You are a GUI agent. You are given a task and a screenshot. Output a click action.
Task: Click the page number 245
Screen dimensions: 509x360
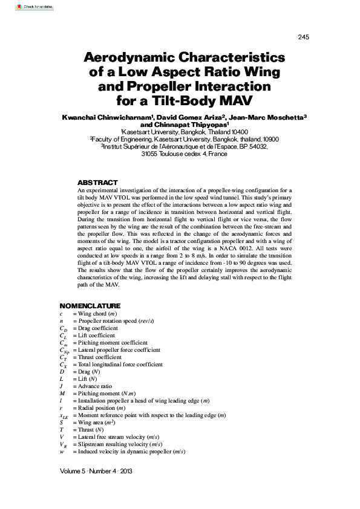pyautogui.click(x=303, y=37)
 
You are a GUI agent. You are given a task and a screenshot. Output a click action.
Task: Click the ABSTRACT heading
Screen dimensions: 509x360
pyautogui.click(x=97, y=183)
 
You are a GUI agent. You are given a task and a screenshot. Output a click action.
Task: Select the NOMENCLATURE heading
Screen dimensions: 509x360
pyautogui.click(x=90, y=306)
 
